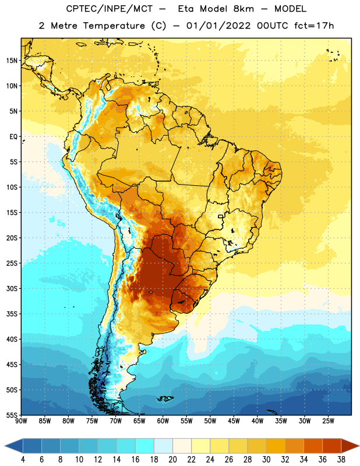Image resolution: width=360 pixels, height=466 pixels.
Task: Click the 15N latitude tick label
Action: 12,61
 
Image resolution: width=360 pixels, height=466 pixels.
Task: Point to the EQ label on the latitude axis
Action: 13,137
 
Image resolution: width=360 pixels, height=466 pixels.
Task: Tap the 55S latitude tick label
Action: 12,415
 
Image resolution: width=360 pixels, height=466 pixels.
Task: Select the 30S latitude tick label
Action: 12,288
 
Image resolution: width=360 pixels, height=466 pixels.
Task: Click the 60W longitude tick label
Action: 163,421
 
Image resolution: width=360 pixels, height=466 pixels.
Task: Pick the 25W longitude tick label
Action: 328,421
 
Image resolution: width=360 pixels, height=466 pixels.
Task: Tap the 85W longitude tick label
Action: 45,421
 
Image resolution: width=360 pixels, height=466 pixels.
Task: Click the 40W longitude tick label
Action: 257,421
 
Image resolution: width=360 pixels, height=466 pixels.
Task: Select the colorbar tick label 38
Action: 341,460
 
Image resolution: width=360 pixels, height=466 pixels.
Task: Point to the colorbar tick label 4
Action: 23,460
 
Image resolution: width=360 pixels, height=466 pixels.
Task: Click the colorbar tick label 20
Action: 172,460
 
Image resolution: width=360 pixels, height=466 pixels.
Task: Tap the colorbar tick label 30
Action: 266,460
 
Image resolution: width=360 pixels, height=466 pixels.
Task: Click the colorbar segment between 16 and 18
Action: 145,446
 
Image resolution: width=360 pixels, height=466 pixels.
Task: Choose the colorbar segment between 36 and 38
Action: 332,446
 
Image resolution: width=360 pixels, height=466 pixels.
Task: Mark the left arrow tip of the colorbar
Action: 5,446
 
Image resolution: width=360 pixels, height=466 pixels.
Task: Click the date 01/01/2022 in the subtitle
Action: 218,26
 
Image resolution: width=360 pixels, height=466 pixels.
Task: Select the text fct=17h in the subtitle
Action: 314,26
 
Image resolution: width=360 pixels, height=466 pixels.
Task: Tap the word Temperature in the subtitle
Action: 114,26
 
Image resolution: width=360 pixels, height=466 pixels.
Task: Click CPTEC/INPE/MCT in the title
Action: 109,9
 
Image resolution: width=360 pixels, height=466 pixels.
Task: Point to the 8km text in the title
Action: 243,9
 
